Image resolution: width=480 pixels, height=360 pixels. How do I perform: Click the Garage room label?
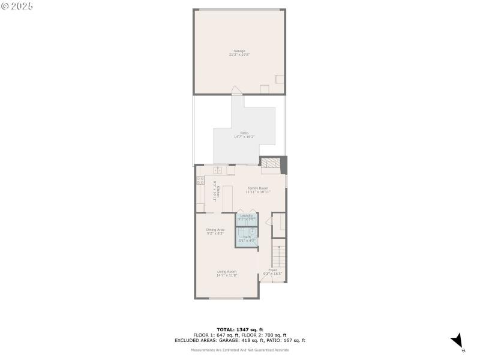coord(239,52)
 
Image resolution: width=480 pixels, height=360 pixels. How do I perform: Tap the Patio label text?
coord(244,134)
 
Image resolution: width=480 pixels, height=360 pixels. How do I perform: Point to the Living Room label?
coord(227,273)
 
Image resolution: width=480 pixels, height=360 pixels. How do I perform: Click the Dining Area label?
coord(215,231)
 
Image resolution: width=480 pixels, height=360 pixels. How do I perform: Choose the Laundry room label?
coord(246,217)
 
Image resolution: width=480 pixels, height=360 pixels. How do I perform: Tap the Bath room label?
coord(246,238)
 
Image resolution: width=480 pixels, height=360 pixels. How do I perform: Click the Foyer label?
coord(272,272)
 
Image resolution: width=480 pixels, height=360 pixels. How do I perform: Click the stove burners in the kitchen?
coord(200,179)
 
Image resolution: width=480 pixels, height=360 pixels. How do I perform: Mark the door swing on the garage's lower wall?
coord(238,90)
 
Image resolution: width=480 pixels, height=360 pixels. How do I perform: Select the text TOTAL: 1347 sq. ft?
coord(239,329)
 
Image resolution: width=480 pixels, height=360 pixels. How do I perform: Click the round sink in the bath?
coord(253,230)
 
